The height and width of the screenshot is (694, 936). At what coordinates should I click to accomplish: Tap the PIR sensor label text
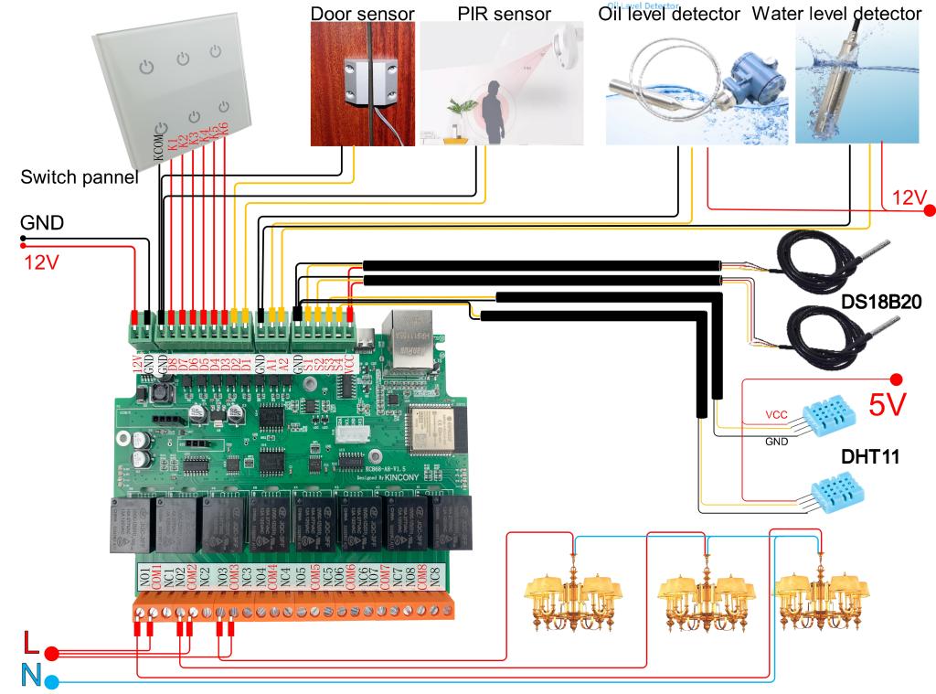click(504, 14)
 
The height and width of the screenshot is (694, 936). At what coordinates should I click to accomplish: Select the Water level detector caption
click(835, 14)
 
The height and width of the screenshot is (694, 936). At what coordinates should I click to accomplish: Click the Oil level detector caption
click(669, 15)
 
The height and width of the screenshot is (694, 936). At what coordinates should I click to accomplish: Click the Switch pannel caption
click(80, 178)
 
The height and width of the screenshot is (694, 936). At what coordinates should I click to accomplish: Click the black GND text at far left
click(42, 222)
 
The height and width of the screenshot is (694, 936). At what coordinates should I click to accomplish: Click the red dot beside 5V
click(896, 379)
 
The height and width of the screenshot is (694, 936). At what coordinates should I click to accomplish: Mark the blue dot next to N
click(52, 681)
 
